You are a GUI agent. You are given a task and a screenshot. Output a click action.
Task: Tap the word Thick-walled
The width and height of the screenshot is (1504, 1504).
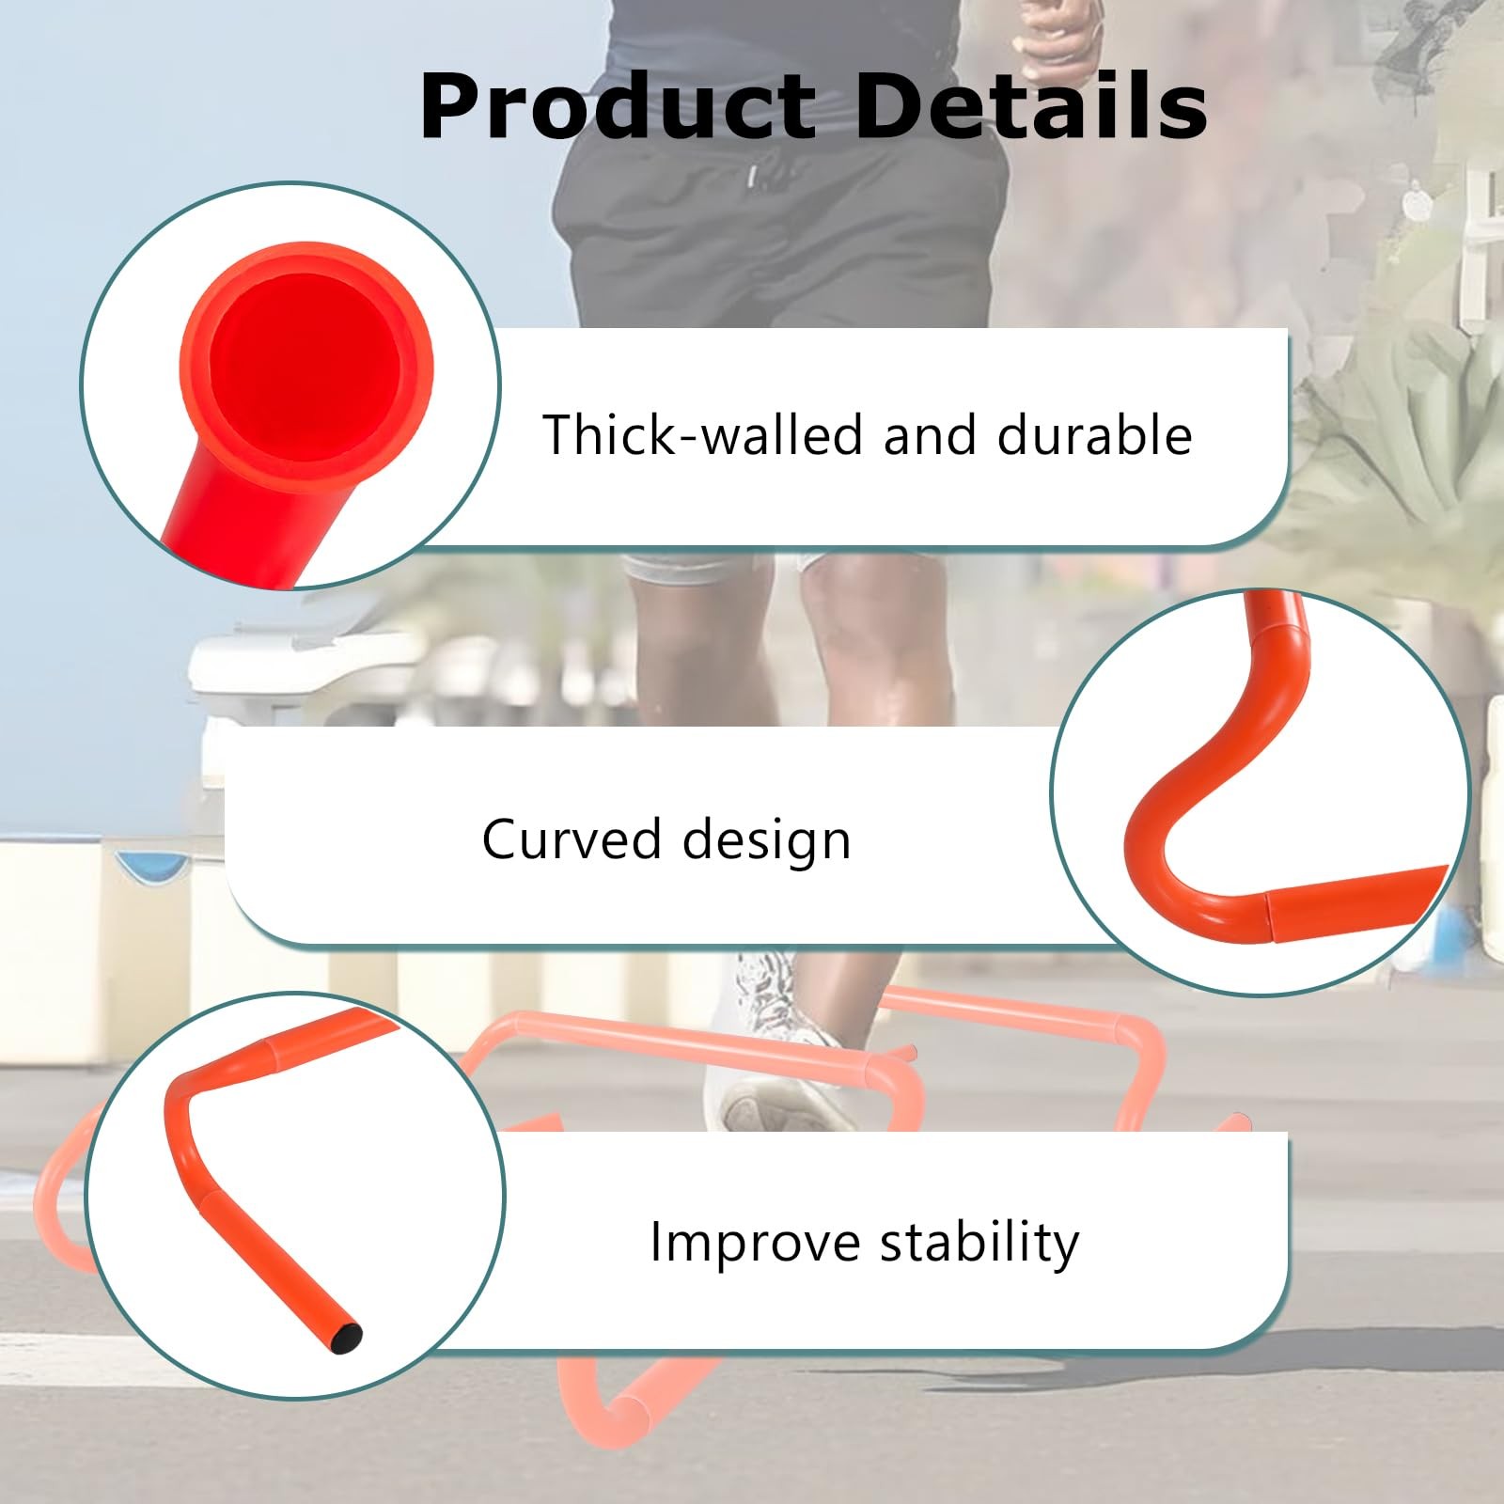703,434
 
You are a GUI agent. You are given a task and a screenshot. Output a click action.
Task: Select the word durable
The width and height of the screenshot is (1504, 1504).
1094,434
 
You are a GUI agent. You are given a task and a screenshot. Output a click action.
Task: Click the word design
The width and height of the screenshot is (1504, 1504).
766,839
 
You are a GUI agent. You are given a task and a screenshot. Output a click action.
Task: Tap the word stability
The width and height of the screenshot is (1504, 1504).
980,1243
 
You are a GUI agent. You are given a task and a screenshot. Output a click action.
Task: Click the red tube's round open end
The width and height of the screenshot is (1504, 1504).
305,364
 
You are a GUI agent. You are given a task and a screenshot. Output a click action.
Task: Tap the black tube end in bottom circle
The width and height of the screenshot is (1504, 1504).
348,1334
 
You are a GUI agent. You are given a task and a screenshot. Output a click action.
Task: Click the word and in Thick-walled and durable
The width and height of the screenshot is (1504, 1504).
929,434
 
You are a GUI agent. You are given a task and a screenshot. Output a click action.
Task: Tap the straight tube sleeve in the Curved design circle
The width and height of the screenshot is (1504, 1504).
1354,901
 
